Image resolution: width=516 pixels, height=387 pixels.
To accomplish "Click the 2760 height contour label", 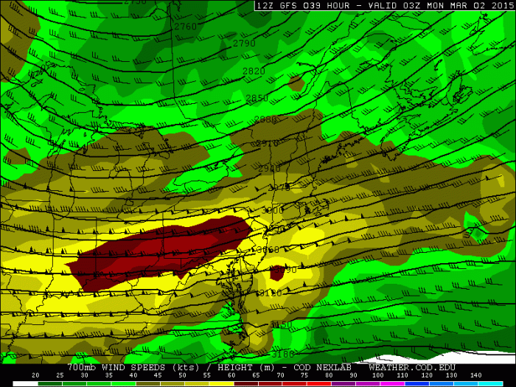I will click(x=186, y=27).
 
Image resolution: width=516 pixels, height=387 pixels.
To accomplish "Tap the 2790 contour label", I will click(x=243, y=43).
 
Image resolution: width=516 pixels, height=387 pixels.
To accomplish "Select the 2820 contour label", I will click(x=254, y=72).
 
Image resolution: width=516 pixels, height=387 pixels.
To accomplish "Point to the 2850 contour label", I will click(x=257, y=98).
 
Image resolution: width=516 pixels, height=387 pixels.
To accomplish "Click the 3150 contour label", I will click(x=281, y=324).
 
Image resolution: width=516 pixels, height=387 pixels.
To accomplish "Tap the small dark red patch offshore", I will click(x=277, y=273).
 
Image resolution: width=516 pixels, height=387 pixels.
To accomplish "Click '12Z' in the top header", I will click(x=265, y=5).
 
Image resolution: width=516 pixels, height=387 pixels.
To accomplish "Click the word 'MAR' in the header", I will click(x=461, y=5).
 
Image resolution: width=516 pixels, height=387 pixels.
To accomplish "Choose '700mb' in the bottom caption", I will click(x=80, y=367).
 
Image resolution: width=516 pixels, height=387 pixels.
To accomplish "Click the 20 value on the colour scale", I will click(x=35, y=376).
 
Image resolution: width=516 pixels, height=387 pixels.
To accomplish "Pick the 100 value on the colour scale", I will click(x=378, y=376).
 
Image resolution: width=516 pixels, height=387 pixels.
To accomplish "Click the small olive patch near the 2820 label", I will click(x=297, y=84).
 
